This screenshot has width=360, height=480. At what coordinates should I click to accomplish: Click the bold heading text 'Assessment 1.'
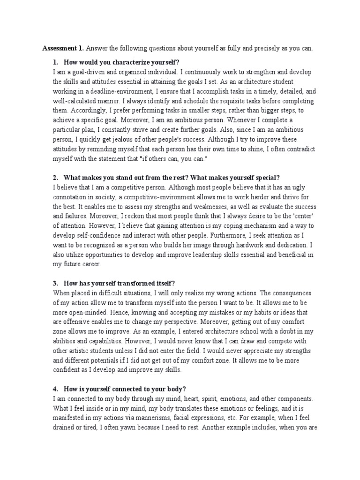(x=63, y=48)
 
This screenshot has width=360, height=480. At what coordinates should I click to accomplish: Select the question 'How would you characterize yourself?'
(x=122, y=62)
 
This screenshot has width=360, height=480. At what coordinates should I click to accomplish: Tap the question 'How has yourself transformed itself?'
(x=120, y=283)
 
